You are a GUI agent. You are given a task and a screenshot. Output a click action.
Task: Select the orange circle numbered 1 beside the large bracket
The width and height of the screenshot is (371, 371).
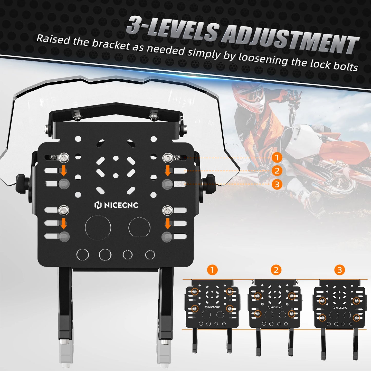pyautogui.click(x=277, y=157)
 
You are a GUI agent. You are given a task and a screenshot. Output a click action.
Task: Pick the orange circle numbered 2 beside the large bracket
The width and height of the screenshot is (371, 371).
pyautogui.click(x=277, y=171)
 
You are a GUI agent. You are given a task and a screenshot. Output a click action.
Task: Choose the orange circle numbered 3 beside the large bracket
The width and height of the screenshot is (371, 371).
pyautogui.click(x=277, y=184)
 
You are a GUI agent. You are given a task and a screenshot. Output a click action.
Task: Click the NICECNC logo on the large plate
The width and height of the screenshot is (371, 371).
pyautogui.click(x=116, y=205)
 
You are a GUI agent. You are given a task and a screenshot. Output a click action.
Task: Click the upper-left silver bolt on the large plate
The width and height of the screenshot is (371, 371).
pyautogui.click(x=64, y=158)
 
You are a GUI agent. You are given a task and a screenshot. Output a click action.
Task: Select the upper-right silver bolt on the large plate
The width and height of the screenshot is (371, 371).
pyautogui.click(x=168, y=158)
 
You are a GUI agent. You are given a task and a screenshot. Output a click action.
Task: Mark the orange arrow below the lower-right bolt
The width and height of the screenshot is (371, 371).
pyautogui.click(x=168, y=223)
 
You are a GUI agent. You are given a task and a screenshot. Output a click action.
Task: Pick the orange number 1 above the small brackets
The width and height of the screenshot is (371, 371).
pyautogui.click(x=212, y=270)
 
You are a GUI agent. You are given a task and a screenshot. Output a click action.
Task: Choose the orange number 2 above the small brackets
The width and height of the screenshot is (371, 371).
pyautogui.click(x=276, y=270)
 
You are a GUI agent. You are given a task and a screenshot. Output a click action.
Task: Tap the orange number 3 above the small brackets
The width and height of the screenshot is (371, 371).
pyautogui.click(x=340, y=270)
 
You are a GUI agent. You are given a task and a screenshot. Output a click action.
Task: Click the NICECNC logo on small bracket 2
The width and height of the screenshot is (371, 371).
pyautogui.click(x=275, y=307)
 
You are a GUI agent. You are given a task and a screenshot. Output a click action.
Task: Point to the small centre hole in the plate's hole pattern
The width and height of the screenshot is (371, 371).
pyautogui.click(x=116, y=176)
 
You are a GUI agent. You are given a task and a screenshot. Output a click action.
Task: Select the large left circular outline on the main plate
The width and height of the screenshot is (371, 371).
pyautogui.click(x=98, y=227)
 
